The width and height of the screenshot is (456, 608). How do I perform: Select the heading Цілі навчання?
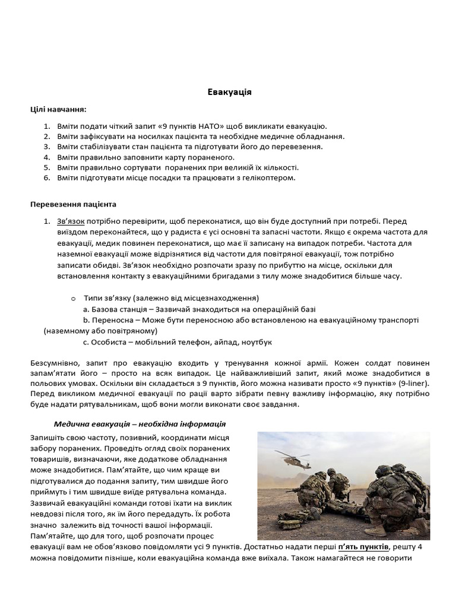click(x=58, y=109)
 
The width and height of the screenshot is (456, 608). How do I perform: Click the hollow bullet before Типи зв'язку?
click(x=73, y=297)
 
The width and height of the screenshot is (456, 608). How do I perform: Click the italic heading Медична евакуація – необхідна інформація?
click(x=140, y=424)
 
